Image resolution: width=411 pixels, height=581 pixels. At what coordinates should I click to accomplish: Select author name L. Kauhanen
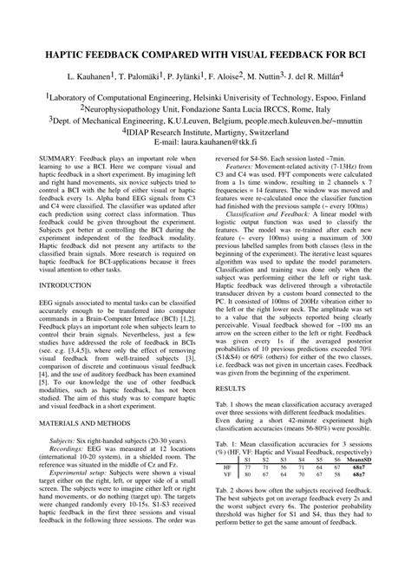tap(89, 78)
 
